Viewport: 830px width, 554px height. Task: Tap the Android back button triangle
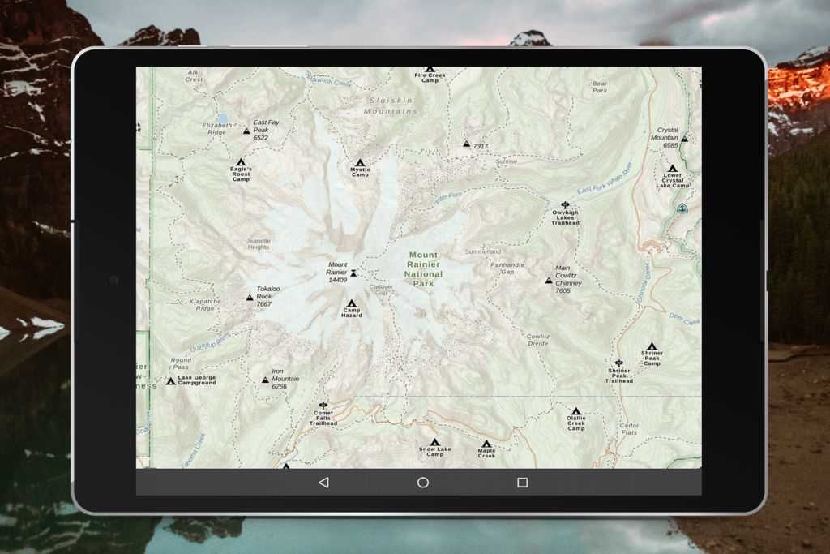click(323, 483)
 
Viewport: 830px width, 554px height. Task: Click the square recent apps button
click(522, 483)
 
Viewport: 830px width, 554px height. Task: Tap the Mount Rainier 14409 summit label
click(337, 272)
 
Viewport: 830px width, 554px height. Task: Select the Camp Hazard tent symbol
click(352, 303)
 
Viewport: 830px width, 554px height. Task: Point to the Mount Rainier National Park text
click(424, 269)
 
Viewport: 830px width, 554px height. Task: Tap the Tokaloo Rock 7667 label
click(268, 296)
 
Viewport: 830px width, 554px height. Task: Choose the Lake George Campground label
click(197, 380)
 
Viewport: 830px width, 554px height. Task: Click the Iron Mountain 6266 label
click(285, 379)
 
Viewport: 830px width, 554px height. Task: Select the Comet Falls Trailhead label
click(323, 418)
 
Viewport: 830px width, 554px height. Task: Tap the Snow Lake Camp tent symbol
click(434, 442)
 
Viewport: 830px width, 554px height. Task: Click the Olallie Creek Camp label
click(575, 423)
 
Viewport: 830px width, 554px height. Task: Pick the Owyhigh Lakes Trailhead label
click(565, 217)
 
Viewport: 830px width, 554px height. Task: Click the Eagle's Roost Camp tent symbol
click(241, 162)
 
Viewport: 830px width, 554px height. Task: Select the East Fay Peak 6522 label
click(265, 130)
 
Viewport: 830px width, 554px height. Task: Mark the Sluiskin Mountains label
click(391, 105)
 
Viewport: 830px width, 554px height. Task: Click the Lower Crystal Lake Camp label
click(672, 180)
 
